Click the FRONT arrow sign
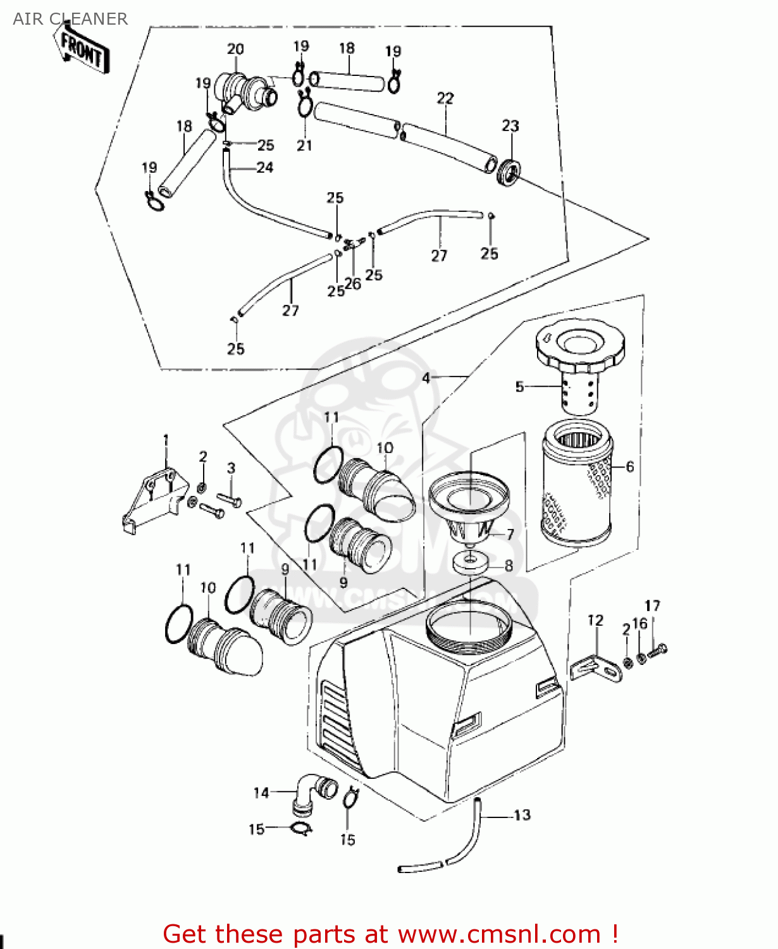click(82, 50)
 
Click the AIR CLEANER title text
click(70, 19)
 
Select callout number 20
click(235, 49)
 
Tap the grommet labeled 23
click(508, 173)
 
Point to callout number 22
click(445, 98)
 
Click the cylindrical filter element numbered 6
click(576, 484)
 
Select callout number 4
click(426, 378)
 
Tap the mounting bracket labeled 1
click(155, 497)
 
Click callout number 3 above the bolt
click(231, 468)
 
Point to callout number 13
click(522, 815)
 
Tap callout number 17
click(652, 606)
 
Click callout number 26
click(353, 284)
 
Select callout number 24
click(264, 168)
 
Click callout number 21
click(304, 146)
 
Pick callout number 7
click(510, 535)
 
